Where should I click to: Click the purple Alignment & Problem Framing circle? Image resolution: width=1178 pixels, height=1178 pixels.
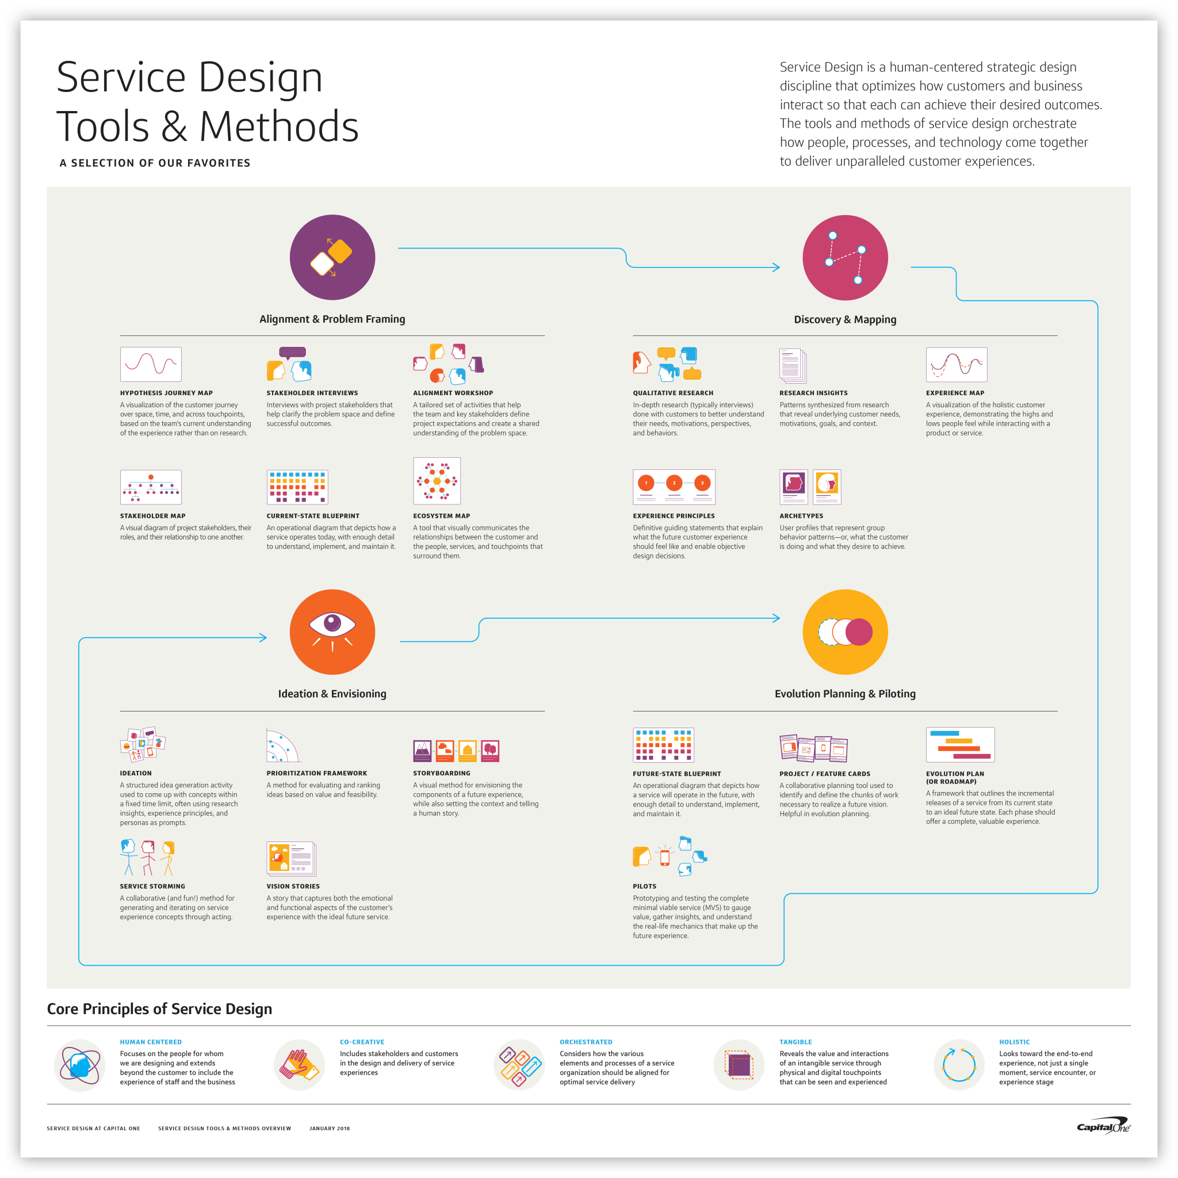pos(332,257)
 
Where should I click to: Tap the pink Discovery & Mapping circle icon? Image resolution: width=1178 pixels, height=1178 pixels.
pos(844,257)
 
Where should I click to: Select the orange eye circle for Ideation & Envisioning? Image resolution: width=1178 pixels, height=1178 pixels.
pos(332,632)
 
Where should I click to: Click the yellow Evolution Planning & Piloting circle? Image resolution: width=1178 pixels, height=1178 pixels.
pos(844,632)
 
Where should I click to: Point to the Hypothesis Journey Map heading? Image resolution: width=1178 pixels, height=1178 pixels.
pos(166,393)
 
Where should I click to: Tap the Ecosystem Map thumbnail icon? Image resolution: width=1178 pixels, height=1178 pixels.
pos(437,480)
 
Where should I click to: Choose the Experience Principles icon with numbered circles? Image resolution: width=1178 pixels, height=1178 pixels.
pos(674,487)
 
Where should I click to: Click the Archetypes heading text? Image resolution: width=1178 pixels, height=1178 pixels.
pos(801,516)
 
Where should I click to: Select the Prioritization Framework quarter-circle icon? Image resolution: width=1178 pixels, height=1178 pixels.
pos(282,745)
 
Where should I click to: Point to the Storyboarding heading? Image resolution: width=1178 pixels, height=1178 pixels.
pos(441,773)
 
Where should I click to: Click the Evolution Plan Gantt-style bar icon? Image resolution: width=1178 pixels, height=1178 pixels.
pos(960,744)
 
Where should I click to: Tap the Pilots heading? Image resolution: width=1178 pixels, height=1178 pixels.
pos(644,886)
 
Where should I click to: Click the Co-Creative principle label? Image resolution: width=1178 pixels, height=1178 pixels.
pos(362,1042)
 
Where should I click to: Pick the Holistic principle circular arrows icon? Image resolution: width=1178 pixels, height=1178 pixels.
pos(958,1065)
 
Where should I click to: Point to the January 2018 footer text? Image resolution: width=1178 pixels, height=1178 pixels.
pos(329,1128)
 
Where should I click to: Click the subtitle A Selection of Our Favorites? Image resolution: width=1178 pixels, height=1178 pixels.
pos(155,163)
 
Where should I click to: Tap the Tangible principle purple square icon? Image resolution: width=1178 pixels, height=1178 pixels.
pos(739,1065)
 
